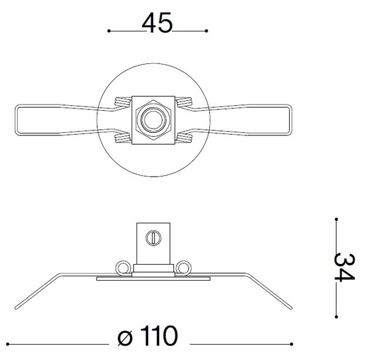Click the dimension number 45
[157, 23]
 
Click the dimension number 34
[344, 268]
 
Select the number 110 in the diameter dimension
[159, 336]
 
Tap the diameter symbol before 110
[125, 338]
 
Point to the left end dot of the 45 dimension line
[109, 31]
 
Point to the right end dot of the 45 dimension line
[207, 31]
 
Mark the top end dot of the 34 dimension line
[336, 219]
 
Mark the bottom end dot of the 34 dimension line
[336, 317]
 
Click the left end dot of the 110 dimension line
[7, 344]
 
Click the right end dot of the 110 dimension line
[292, 344]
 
